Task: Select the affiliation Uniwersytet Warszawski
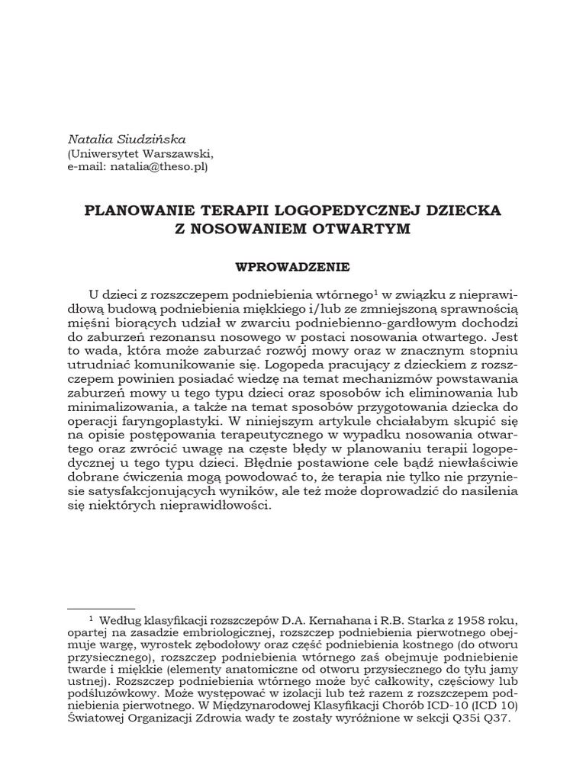pyautogui.click(x=138, y=151)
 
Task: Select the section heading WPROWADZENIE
pyautogui.click(x=293, y=267)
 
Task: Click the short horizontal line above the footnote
pyautogui.click(x=101, y=608)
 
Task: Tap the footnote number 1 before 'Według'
pyautogui.click(x=91, y=618)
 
